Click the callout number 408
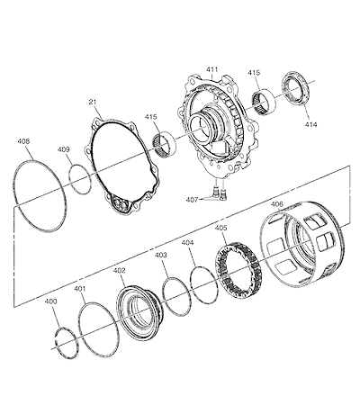pos(23,141)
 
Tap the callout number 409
pos(63,149)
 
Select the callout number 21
pos(93,102)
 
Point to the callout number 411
pos(211,69)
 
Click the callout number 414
pos(310,124)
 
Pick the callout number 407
pos(192,199)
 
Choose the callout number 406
pos(277,204)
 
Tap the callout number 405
pos(221,228)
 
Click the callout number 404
pos(187,243)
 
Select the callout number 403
pos(161,255)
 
